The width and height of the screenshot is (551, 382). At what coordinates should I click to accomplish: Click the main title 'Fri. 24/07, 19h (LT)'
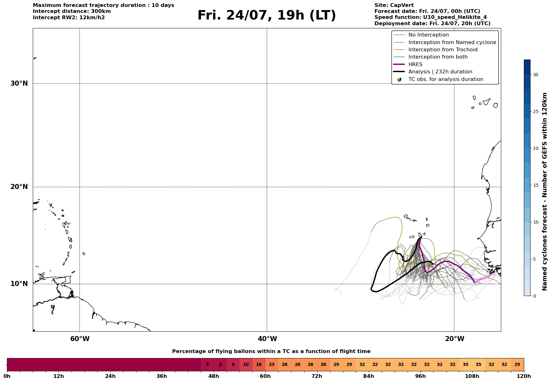coord(267,15)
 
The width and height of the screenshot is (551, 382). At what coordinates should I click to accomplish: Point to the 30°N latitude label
coord(19,83)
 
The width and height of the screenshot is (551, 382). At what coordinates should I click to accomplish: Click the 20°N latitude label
coord(19,187)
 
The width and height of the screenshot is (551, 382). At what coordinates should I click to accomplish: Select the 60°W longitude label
coord(80,339)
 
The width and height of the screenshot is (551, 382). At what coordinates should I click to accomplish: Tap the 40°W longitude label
coord(267,339)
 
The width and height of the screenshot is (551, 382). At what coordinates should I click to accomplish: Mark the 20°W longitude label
coord(455,339)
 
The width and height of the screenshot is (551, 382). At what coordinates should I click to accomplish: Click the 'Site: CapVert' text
coord(394,5)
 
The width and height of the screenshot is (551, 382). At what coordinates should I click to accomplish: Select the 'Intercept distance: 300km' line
coord(72,11)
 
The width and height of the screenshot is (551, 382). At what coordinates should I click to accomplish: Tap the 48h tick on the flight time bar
coord(213,376)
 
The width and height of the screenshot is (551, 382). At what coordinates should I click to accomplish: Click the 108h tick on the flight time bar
coord(472,376)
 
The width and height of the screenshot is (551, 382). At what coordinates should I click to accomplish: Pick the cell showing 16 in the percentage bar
coord(259,365)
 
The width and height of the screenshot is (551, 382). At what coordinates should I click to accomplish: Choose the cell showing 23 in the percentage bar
coord(272,365)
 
